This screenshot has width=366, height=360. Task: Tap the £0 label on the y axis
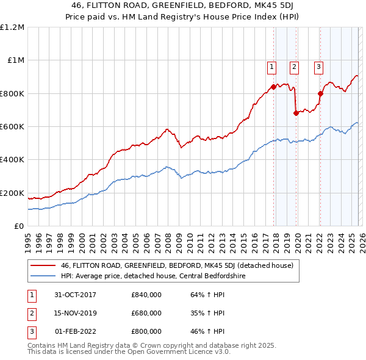pos(20,226)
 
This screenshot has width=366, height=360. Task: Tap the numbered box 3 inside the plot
pos(319,67)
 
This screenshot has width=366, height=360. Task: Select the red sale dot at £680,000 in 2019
pos(296,113)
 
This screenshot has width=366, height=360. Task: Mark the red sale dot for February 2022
pos(320,93)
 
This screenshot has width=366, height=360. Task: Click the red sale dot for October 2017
pos(273,87)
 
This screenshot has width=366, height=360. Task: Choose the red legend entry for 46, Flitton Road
pos(177,265)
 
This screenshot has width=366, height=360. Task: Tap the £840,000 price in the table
pos(146,295)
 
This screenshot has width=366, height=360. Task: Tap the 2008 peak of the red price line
pos(167,129)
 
